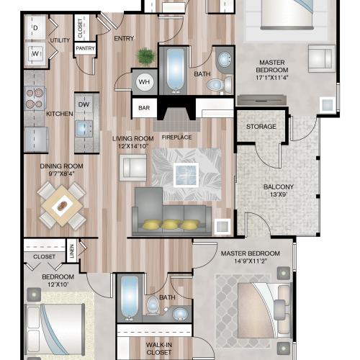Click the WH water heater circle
pos(144,82)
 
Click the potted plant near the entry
pos(146,55)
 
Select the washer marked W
pos(35,53)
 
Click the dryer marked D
pos(35,28)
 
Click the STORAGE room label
pos(261,127)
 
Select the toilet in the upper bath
pos(215,85)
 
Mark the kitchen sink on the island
pos(84,129)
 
